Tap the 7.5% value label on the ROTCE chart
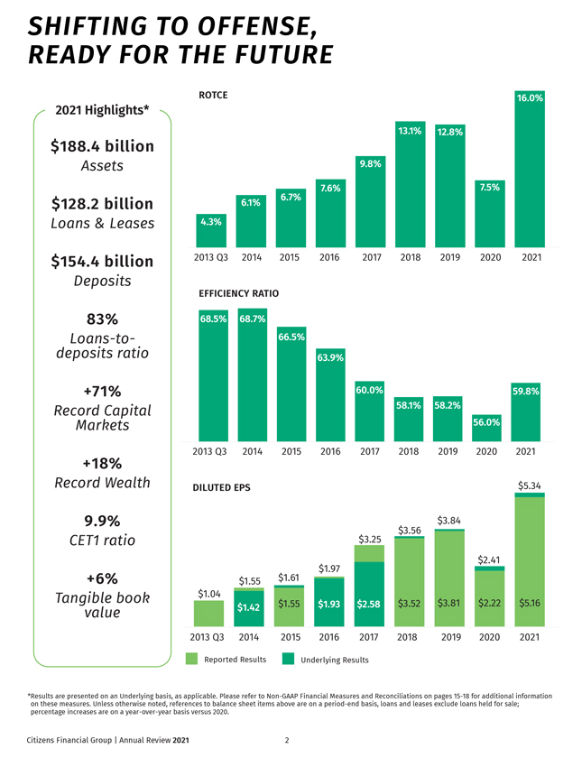pyautogui.click(x=490, y=188)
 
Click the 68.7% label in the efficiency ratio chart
pyautogui.click(x=253, y=319)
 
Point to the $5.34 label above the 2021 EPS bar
pyautogui.click(x=530, y=486)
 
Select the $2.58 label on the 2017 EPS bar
pyautogui.click(x=368, y=604)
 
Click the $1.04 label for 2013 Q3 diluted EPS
pyautogui.click(x=210, y=593)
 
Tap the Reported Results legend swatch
pyautogui.click(x=191, y=660)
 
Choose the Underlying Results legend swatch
pyautogui.click(x=288, y=660)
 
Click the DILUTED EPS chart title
pyautogui.click(x=222, y=488)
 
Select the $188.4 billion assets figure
pyautogui.click(x=102, y=146)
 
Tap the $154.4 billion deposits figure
pyautogui.click(x=102, y=262)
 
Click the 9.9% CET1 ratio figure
pyautogui.click(x=102, y=521)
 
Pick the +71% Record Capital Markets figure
pyautogui.click(x=102, y=392)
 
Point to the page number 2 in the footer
pyautogui.click(x=286, y=742)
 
